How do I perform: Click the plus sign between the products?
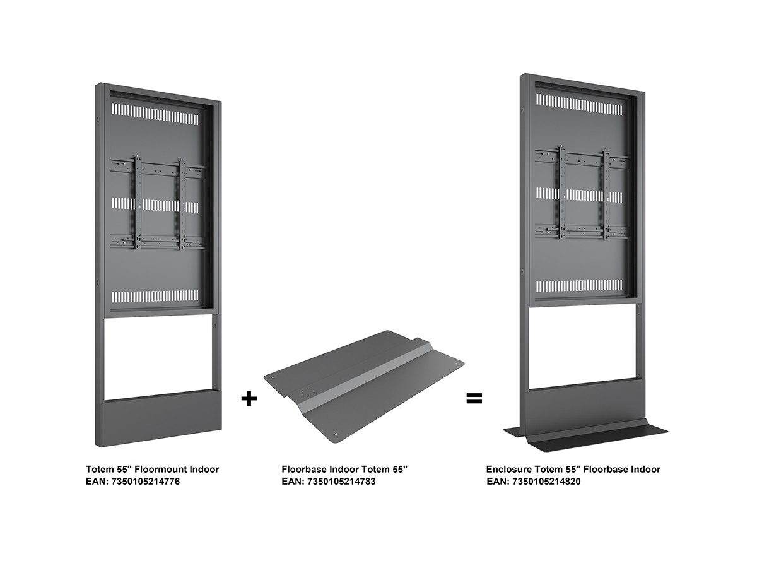249,399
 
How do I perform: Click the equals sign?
474,399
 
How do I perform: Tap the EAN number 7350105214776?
146,482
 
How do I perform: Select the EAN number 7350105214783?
341,482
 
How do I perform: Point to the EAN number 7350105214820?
546,482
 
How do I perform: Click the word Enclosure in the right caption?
509,470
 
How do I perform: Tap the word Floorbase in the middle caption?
305,470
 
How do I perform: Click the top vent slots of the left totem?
155,114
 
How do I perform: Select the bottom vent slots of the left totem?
155,296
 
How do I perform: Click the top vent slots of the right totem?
579,105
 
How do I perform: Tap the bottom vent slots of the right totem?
579,285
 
